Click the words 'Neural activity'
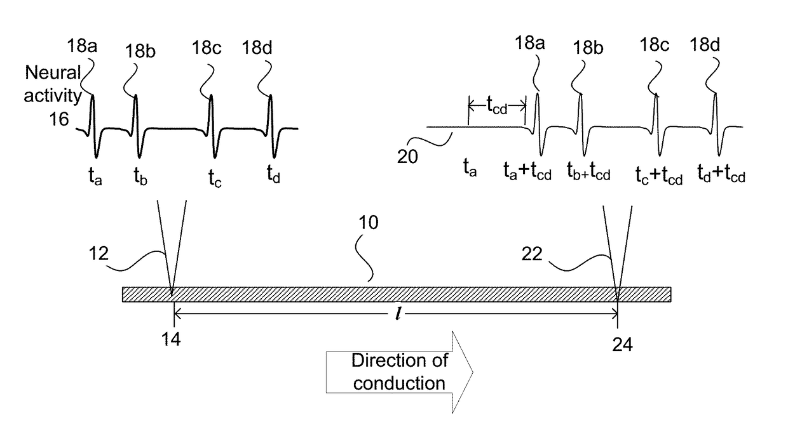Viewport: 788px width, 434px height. click(x=54, y=84)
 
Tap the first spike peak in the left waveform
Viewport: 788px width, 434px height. click(x=93, y=96)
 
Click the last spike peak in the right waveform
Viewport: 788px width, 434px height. click(x=716, y=94)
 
